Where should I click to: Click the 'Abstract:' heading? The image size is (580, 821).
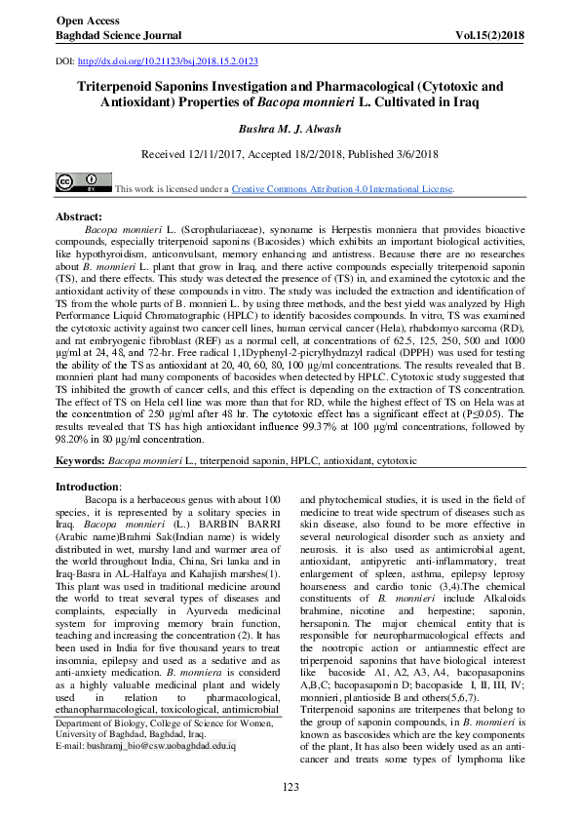[x=79, y=215]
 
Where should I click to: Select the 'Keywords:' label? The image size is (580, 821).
[x=80, y=457]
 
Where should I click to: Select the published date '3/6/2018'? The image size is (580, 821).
[x=406, y=154]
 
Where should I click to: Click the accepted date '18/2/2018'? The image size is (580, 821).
[x=327, y=154]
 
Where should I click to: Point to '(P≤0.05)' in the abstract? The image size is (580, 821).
[x=483, y=413]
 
